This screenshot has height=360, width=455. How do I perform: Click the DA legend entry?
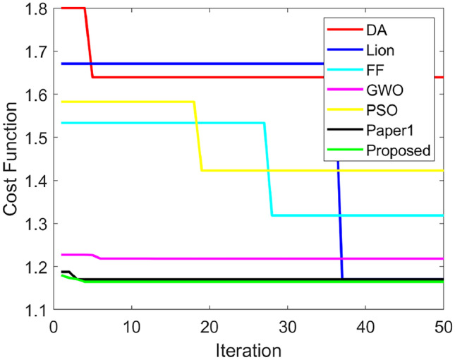click(x=377, y=30)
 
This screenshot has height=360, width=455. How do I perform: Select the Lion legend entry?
click(x=380, y=50)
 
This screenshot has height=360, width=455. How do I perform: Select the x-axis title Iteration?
click(x=248, y=348)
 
